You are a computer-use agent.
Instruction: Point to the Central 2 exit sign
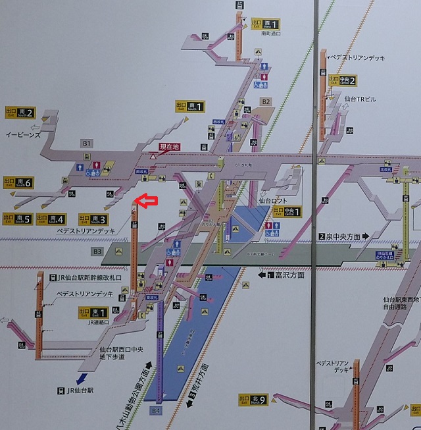pyautogui.click(x=343, y=81)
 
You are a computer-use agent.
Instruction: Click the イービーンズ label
pyautogui.click(x=23, y=134)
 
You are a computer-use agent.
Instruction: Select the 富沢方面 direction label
pyautogui.click(x=285, y=275)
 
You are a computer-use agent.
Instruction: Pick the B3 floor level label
pyautogui.click(x=97, y=251)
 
